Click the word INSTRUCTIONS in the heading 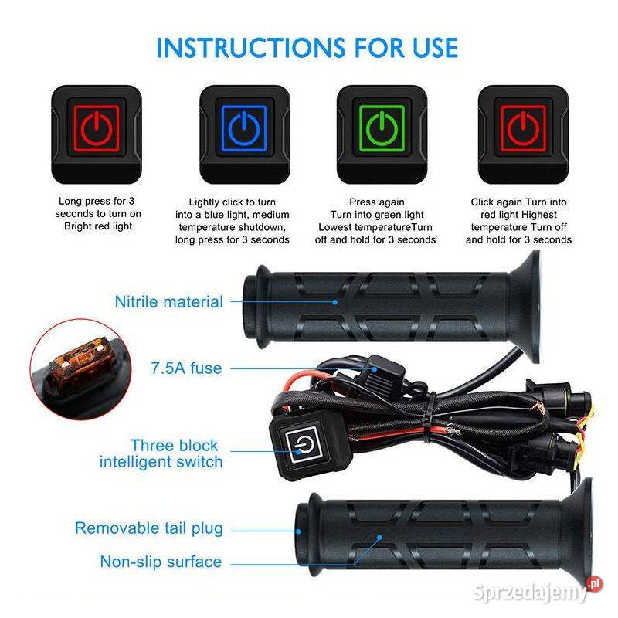(250, 48)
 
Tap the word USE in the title (435, 48)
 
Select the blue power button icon (244, 128)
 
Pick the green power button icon (382, 128)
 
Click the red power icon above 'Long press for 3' (96, 128)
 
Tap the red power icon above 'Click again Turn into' (523, 128)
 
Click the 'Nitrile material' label (168, 302)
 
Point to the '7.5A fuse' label (186, 368)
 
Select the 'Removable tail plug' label (149, 528)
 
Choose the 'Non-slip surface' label (161, 562)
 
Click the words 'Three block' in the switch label (175, 446)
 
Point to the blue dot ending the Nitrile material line (335, 302)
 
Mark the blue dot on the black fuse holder (375, 369)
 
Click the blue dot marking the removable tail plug (298, 531)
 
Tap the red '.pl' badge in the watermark (594, 584)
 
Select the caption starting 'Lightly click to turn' (233, 221)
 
